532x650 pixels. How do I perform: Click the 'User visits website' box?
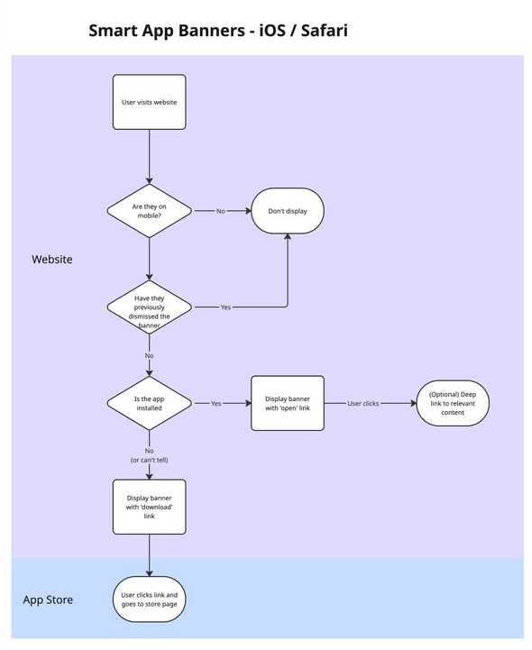149,102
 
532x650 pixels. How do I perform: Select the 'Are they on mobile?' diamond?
149,211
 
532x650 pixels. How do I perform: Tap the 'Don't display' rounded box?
287,211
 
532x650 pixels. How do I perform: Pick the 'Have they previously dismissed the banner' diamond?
149,307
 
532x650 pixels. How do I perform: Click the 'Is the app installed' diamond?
149,404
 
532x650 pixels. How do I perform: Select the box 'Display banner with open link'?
287,404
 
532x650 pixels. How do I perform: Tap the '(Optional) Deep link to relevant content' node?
453,404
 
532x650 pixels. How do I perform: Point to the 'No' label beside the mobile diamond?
221,211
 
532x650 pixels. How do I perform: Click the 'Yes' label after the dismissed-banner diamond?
225,307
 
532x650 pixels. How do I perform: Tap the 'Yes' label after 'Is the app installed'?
216,404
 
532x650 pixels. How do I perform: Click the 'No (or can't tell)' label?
149,455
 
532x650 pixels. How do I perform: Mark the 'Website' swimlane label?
52,260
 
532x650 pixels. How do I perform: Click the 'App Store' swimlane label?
48,600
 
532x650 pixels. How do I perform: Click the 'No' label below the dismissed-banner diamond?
149,355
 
